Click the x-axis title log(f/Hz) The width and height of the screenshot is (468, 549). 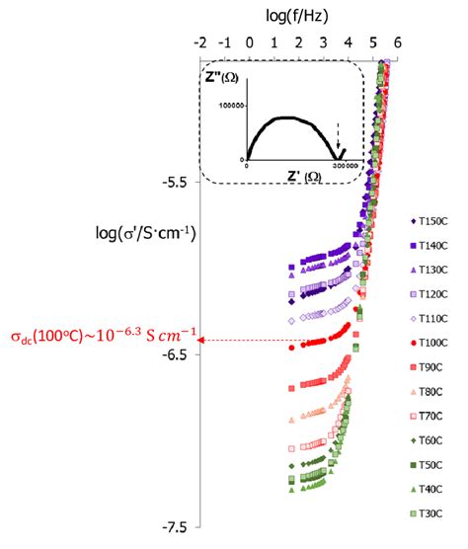click(x=298, y=16)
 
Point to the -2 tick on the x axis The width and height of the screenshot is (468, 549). click(x=200, y=42)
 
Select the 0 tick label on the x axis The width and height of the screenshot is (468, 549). click(x=250, y=42)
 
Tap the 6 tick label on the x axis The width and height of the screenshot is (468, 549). click(x=397, y=42)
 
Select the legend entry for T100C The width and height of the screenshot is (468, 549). click(x=431, y=344)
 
